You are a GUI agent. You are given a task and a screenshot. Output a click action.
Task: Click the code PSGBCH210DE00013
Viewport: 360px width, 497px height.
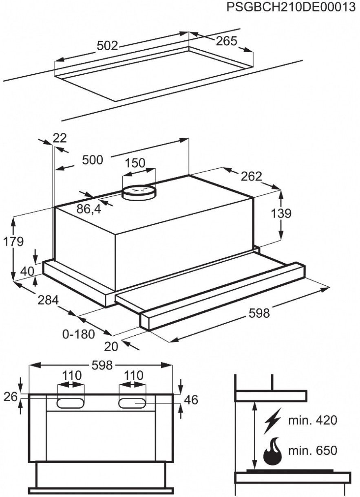click(291, 8)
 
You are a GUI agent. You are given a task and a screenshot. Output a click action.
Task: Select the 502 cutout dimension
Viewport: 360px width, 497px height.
click(107, 46)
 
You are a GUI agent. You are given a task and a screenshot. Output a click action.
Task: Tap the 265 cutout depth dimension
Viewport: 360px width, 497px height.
click(227, 41)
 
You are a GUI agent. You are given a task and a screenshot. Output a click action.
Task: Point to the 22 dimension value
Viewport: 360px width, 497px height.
click(60, 138)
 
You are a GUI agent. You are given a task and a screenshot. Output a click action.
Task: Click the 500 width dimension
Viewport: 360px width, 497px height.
click(93, 160)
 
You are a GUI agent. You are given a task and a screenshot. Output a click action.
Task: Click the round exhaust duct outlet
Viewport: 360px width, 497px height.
click(139, 192)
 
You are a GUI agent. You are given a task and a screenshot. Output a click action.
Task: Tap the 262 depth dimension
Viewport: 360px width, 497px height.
click(251, 176)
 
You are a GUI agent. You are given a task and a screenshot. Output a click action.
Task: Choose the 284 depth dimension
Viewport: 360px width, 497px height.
click(48, 301)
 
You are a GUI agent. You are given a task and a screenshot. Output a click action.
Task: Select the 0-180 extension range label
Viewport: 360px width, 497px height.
click(79, 334)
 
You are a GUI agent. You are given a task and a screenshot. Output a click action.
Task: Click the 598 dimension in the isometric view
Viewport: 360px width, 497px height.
click(259, 313)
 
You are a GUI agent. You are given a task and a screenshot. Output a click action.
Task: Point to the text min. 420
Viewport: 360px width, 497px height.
click(313, 420)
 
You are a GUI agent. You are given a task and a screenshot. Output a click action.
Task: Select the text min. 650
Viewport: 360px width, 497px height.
click(313, 451)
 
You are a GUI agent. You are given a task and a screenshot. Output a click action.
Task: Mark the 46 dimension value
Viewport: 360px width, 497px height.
click(191, 400)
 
